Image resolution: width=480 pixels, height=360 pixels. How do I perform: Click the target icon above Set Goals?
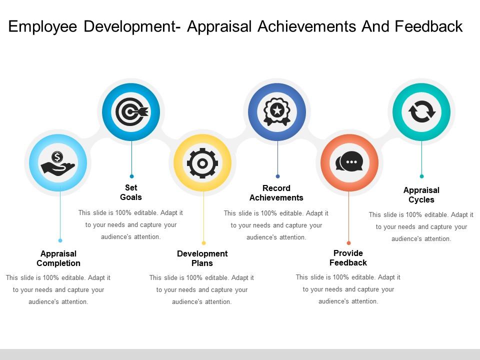(131, 112)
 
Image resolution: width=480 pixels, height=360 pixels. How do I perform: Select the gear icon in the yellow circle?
(202, 162)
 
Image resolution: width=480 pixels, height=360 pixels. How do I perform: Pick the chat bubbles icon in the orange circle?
(349, 162)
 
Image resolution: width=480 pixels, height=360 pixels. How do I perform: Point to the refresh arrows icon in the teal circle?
(422, 112)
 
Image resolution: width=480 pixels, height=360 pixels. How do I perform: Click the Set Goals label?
(131, 192)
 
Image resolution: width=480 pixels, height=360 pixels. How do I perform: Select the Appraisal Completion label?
(58, 258)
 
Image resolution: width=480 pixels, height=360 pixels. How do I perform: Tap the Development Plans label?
(202, 258)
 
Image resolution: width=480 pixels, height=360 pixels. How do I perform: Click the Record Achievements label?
(276, 193)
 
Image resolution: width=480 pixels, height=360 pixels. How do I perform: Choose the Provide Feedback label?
(348, 258)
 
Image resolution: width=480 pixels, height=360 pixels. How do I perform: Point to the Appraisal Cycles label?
(421, 195)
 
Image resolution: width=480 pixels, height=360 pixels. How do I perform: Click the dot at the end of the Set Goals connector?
(131, 176)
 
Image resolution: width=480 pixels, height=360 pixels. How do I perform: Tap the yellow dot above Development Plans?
(203, 243)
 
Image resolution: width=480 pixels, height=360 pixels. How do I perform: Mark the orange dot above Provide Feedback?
(349, 243)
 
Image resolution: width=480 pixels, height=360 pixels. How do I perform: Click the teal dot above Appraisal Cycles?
(421, 176)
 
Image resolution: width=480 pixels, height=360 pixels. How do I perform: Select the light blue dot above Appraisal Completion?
(60, 240)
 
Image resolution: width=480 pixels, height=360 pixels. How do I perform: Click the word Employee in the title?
(44, 26)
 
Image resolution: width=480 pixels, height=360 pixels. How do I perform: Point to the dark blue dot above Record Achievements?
(278, 176)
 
